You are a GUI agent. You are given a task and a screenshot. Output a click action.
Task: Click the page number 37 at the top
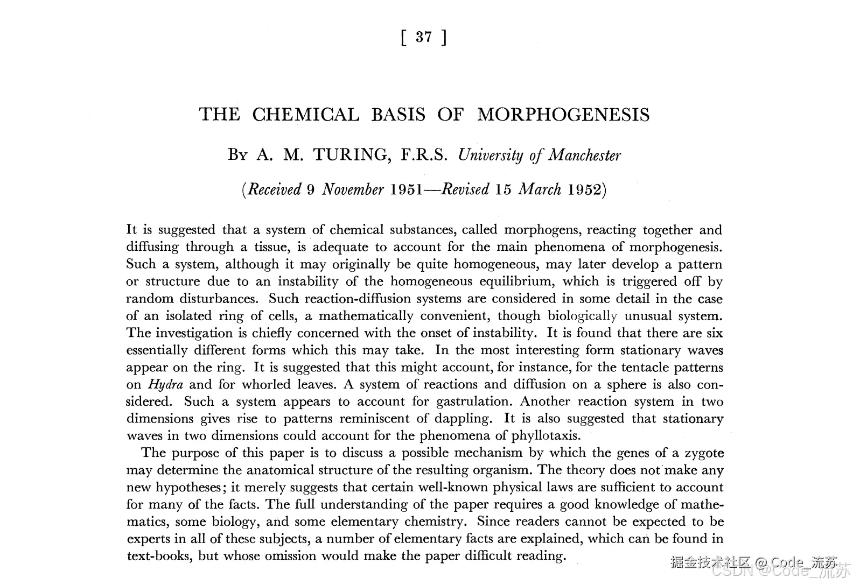click(x=424, y=37)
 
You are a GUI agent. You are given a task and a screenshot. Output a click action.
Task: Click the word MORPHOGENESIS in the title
click(x=563, y=115)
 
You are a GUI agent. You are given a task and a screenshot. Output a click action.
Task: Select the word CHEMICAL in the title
click(x=305, y=115)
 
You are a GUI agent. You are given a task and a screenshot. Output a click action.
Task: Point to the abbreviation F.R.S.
click(x=424, y=156)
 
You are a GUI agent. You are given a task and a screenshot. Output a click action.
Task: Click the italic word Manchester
click(x=585, y=156)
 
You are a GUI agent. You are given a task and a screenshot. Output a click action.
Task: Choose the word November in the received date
click(x=353, y=190)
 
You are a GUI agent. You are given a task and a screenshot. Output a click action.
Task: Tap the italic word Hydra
click(x=165, y=385)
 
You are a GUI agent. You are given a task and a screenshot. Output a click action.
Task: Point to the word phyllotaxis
click(x=544, y=436)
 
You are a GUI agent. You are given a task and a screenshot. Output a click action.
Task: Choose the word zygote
click(x=703, y=453)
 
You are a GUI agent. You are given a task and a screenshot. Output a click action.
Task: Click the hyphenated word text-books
click(x=159, y=556)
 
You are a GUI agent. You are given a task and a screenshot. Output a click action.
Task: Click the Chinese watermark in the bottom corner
click(x=711, y=562)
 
